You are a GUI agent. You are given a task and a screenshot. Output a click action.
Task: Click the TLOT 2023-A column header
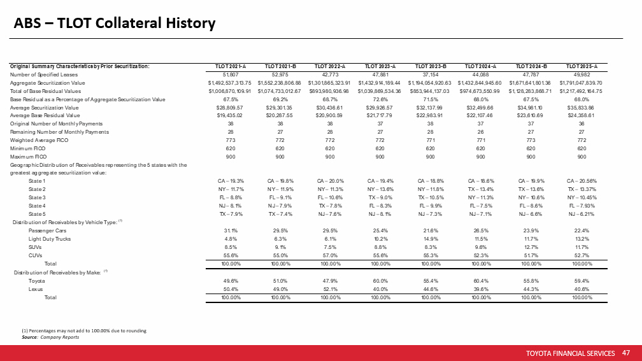(380, 66)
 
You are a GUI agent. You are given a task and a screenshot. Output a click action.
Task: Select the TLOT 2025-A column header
(581, 66)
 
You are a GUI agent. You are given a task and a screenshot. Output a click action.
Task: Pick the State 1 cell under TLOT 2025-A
(581, 181)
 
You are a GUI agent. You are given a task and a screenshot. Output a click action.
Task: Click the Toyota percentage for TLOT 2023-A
(380, 281)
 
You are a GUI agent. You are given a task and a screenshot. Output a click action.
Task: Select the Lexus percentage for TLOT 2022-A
(330, 289)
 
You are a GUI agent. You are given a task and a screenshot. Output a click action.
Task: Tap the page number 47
(625, 353)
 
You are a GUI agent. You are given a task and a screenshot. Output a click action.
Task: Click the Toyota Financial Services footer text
(571, 353)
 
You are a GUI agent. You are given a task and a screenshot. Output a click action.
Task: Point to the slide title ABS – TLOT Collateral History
(115, 24)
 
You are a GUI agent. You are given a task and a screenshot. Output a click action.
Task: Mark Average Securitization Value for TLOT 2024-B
(531, 107)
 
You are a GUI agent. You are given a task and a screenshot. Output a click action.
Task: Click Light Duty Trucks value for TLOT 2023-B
(431, 238)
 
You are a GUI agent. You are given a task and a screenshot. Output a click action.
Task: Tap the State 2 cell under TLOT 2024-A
(481, 189)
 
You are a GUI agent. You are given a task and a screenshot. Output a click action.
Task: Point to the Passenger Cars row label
(48, 230)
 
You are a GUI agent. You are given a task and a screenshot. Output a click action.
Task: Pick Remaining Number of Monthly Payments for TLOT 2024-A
(481, 131)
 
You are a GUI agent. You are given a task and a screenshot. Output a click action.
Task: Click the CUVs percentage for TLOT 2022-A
(330, 255)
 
